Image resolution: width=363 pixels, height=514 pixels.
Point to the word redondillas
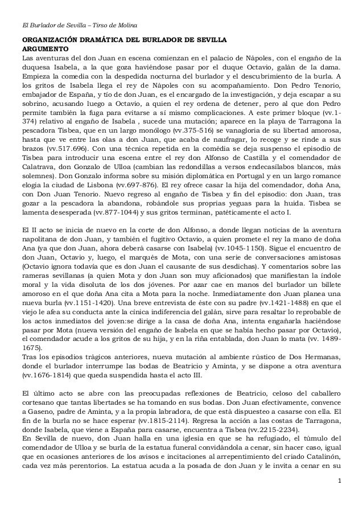175,167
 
